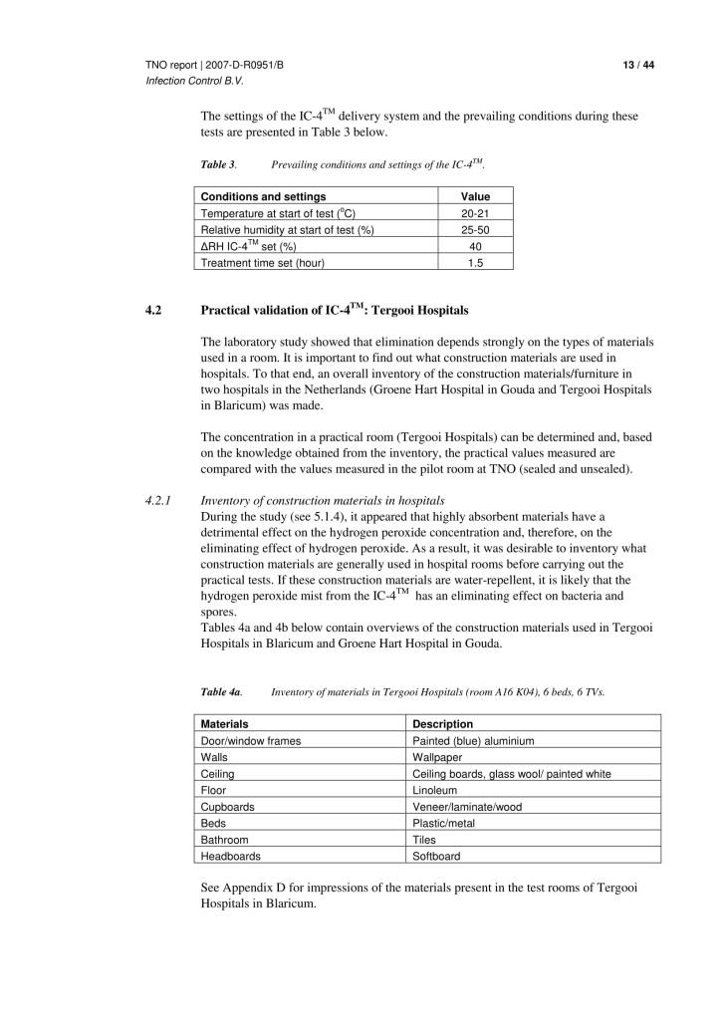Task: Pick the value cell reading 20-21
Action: (x=475, y=213)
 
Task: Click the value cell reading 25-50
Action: (x=475, y=230)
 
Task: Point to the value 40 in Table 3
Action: (x=475, y=246)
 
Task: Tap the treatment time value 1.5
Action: (x=475, y=263)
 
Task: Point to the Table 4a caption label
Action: (x=221, y=690)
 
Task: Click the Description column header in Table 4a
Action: (x=442, y=723)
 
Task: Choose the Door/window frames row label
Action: (x=251, y=740)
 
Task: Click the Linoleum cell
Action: (x=435, y=790)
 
